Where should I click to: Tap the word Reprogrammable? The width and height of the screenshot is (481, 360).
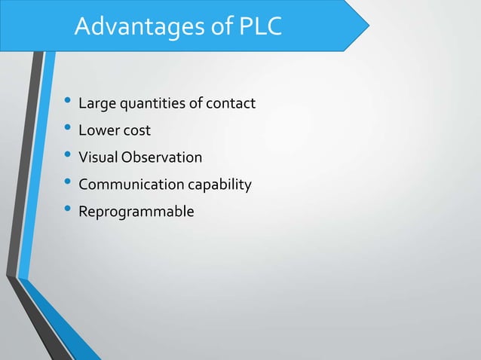[136, 212]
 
